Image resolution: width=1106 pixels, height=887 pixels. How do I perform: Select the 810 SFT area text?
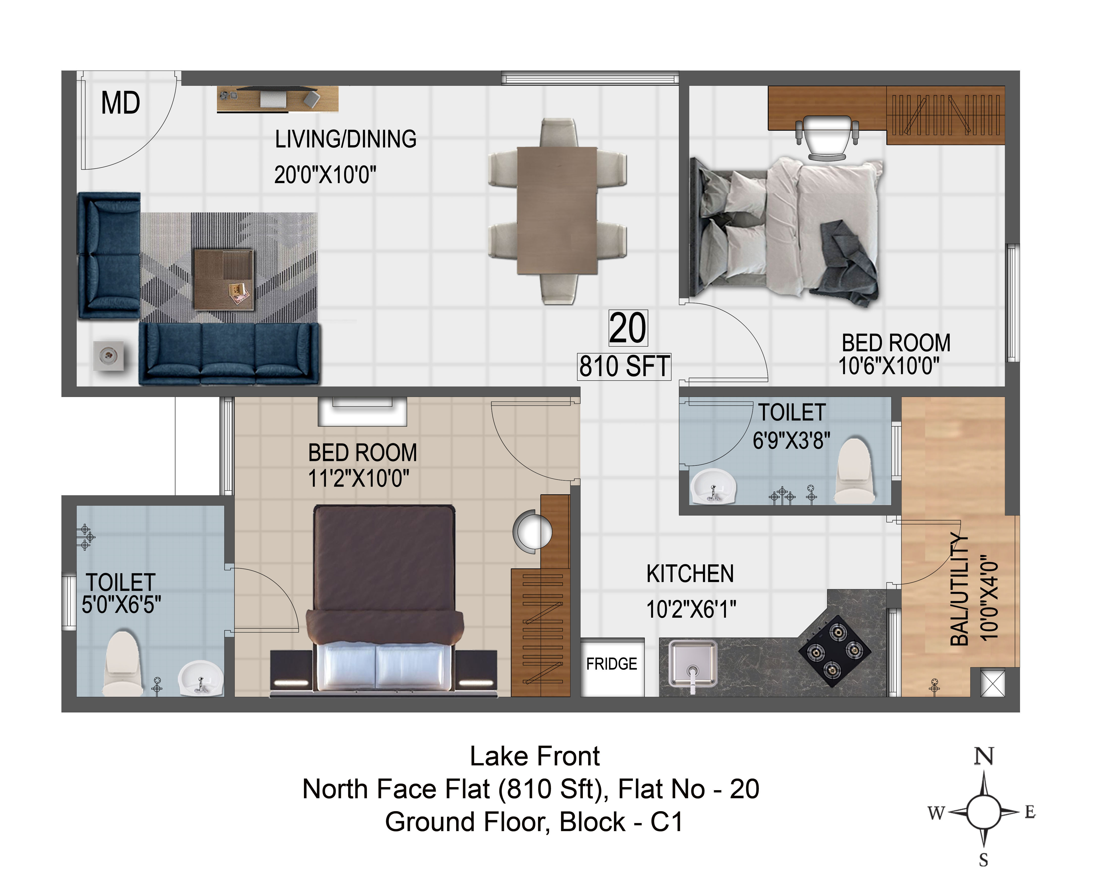tap(624, 366)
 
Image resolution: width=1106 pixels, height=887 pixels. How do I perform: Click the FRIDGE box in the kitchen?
tap(612, 667)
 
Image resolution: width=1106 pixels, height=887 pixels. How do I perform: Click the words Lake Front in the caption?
tap(535, 756)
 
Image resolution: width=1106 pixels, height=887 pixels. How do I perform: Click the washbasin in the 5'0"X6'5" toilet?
tap(201, 677)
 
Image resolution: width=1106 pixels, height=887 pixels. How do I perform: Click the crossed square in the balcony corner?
tap(992, 683)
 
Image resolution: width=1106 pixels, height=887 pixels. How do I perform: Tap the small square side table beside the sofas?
tap(108, 356)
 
